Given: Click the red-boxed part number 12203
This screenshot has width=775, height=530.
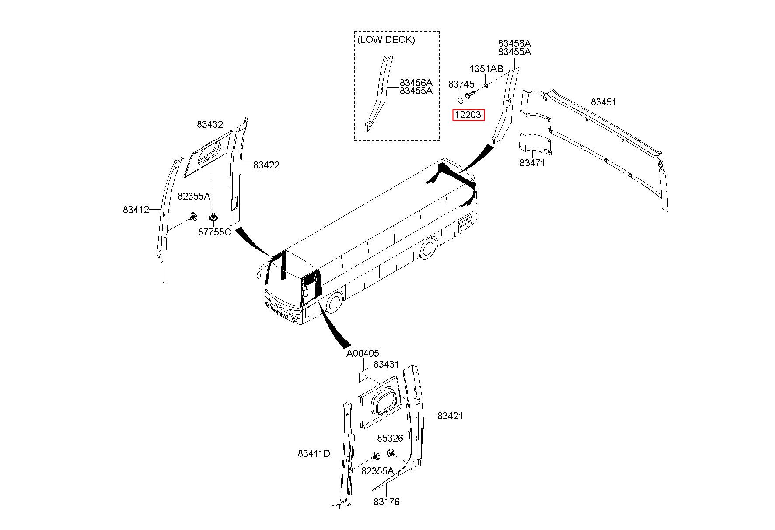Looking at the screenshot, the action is pyautogui.click(x=468, y=115).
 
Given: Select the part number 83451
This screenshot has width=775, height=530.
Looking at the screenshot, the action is pyautogui.click(x=604, y=102).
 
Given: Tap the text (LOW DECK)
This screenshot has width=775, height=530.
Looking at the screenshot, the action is pyautogui.click(x=386, y=39).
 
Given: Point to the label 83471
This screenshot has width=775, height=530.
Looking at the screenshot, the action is pyautogui.click(x=532, y=163).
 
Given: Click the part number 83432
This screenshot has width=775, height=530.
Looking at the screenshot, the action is pyautogui.click(x=210, y=124).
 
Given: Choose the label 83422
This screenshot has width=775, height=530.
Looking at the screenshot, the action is pyautogui.click(x=266, y=165).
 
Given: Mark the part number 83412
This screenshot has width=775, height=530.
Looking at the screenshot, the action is pyautogui.click(x=136, y=210).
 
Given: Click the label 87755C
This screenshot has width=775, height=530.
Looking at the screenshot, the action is pyautogui.click(x=214, y=232).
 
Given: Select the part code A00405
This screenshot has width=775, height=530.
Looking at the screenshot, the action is pyautogui.click(x=363, y=353).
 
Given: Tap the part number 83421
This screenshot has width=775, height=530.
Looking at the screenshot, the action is pyautogui.click(x=450, y=416).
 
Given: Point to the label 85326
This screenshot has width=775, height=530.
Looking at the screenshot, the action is pyautogui.click(x=390, y=438).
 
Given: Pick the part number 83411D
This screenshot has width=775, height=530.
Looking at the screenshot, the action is pyautogui.click(x=314, y=453).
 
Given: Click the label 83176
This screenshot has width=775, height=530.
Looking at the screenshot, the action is pyautogui.click(x=387, y=502).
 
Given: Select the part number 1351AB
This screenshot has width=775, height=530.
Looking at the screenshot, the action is pyautogui.click(x=486, y=69).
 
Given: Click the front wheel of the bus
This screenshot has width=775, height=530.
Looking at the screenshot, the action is pyautogui.click(x=334, y=303).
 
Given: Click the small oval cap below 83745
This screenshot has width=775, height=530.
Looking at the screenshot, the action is pyautogui.click(x=460, y=101).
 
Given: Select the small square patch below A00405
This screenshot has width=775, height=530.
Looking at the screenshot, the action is pyautogui.click(x=364, y=375).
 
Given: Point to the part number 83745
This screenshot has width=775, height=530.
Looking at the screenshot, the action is pyautogui.click(x=461, y=84).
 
